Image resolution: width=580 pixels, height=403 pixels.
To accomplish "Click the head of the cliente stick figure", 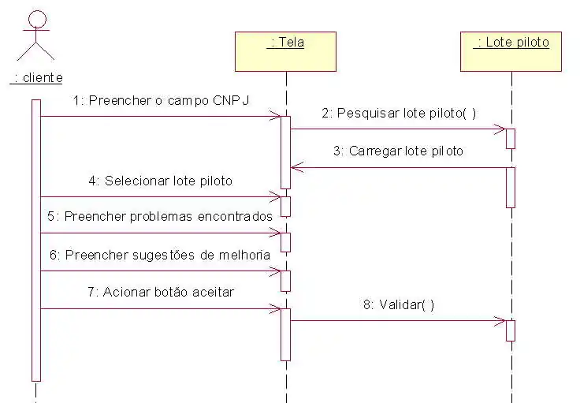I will point(37,18).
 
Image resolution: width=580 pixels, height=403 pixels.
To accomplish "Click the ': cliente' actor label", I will point(37,77).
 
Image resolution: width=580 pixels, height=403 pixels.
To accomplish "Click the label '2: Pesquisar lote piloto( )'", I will point(399,113).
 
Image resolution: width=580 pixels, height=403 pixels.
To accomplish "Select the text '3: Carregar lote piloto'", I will point(398,151).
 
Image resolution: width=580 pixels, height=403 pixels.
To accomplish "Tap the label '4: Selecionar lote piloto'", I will point(161,181).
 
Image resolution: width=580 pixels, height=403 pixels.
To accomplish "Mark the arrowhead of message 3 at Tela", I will point(294,166).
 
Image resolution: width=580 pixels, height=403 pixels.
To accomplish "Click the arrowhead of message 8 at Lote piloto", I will point(501,320).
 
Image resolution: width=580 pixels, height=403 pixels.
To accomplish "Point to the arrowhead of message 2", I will point(501,129).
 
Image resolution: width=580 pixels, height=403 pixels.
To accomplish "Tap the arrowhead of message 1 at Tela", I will point(277,117).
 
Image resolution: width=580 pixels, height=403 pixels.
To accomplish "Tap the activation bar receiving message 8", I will point(511,330).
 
